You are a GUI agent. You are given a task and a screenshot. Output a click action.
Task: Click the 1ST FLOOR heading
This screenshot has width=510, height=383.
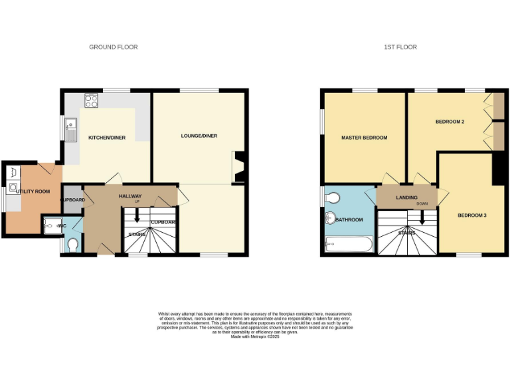[x=400, y=47]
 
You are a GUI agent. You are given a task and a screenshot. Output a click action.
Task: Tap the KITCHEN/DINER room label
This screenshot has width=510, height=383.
[x=107, y=138]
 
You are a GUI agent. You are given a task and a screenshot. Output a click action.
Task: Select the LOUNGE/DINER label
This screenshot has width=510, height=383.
[x=199, y=136]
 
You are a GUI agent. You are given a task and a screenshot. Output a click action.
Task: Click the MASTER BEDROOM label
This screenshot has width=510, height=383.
[x=364, y=138]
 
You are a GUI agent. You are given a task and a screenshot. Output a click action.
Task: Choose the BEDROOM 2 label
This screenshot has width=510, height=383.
[x=450, y=122]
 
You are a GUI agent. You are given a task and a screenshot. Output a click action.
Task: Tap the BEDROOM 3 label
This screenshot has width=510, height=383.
[x=472, y=215]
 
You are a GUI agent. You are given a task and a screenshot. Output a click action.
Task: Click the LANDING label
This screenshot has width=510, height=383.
[x=406, y=197]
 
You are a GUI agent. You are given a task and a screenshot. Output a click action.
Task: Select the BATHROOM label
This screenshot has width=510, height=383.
[x=349, y=219]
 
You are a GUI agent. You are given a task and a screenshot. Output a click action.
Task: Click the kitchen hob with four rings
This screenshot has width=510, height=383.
[x=91, y=102]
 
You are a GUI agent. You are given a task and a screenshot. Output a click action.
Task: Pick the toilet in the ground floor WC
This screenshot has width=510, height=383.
[x=72, y=245]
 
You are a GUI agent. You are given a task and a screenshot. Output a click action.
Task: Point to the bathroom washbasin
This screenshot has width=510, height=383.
[x=330, y=219]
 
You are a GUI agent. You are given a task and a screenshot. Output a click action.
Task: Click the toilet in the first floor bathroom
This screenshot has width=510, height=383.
[x=333, y=197]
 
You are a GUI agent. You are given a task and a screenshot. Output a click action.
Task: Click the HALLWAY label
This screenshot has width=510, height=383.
[x=130, y=196]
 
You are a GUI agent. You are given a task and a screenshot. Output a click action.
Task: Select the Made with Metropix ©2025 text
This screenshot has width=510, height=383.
[x=255, y=337]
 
